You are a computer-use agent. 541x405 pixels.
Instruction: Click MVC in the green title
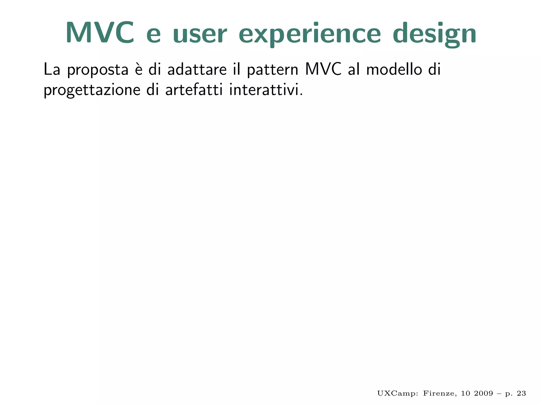[x=100, y=33]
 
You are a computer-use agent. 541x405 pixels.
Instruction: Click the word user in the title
[x=200, y=34]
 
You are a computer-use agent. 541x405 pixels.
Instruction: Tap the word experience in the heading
[x=310, y=34]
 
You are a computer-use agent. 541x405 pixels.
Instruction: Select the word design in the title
[x=435, y=34]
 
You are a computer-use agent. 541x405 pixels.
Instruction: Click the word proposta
[x=98, y=70]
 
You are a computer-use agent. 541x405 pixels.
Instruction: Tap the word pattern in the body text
[x=272, y=70]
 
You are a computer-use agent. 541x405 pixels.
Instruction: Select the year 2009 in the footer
[x=483, y=393]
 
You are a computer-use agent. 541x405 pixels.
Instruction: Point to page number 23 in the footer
[x=521, y=393]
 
